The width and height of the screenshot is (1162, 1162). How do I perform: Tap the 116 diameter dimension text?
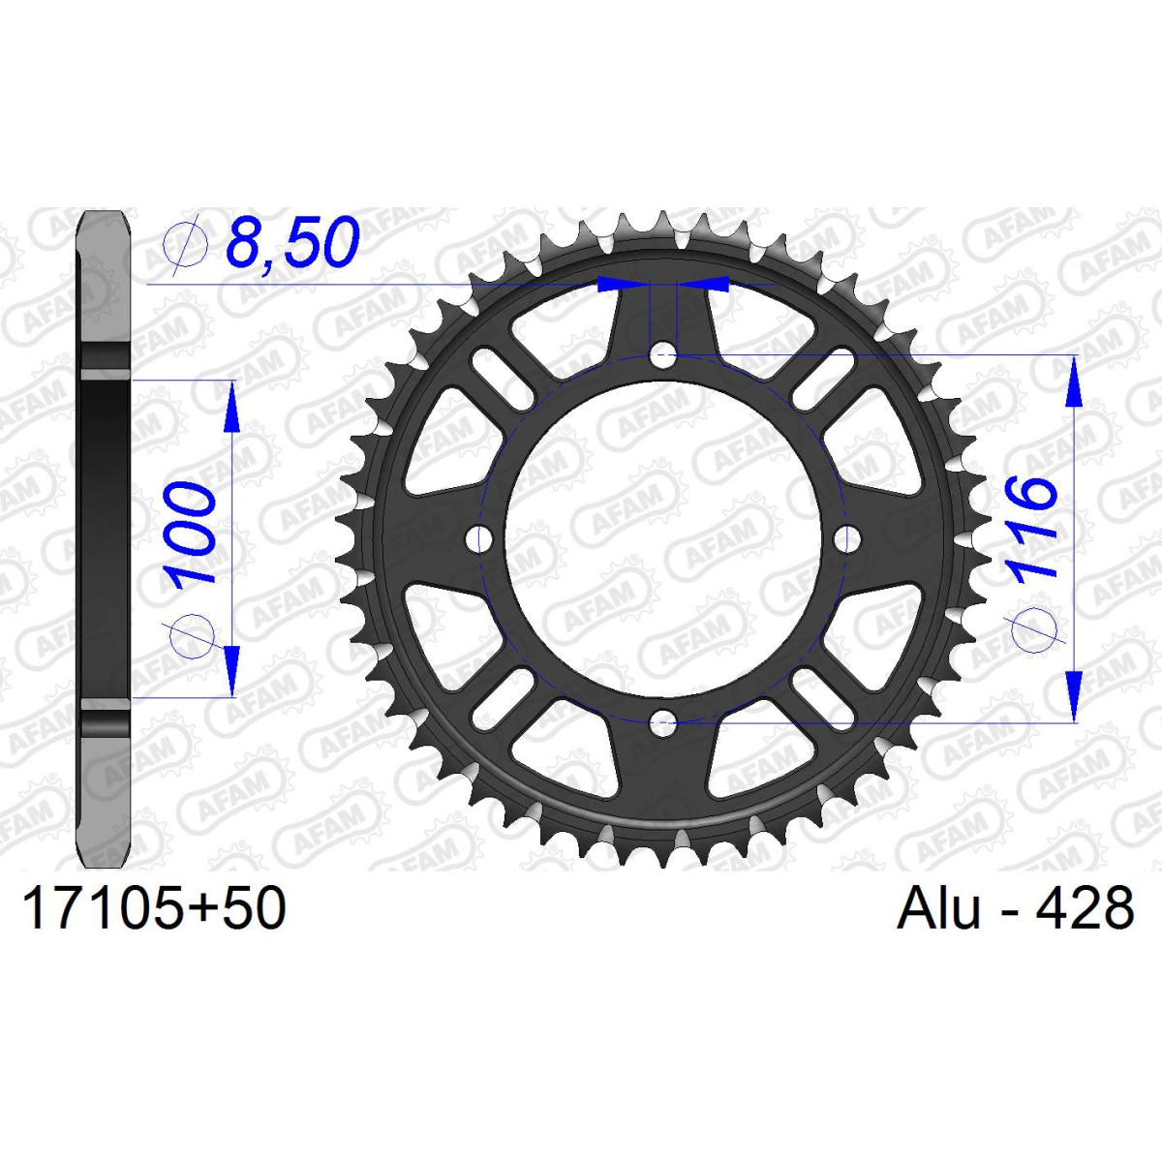[x=1035, y=529]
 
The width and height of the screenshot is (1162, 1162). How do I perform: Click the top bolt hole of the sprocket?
[x=663, y=354]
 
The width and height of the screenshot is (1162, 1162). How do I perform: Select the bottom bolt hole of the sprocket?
[x=663, y=720]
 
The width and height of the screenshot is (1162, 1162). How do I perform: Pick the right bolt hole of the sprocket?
[x=848, y=537]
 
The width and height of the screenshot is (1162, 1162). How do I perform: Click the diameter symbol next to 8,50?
[x=186, y=244]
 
